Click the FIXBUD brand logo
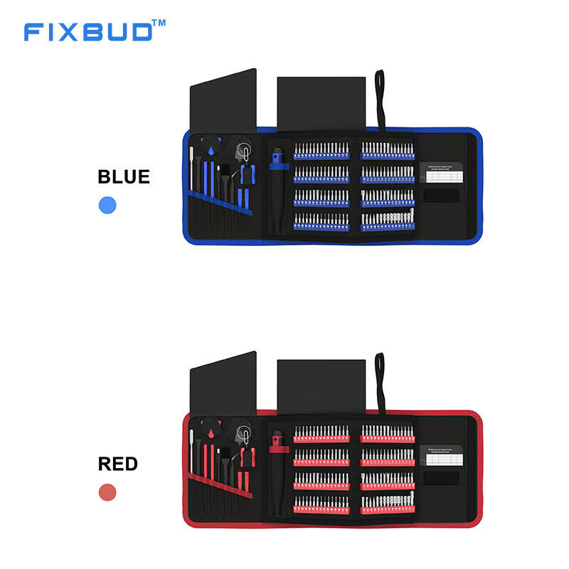[88, 32]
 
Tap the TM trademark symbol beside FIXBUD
[159, 23]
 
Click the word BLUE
[124, 176]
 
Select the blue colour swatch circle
[107, 206]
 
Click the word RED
[117, 464]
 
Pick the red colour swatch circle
[107, 491]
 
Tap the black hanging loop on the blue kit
[380, 100]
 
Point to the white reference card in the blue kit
[444, 176]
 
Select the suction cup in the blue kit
[245, 151]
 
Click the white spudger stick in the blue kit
[192, 167]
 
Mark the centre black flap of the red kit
[321, 388]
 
